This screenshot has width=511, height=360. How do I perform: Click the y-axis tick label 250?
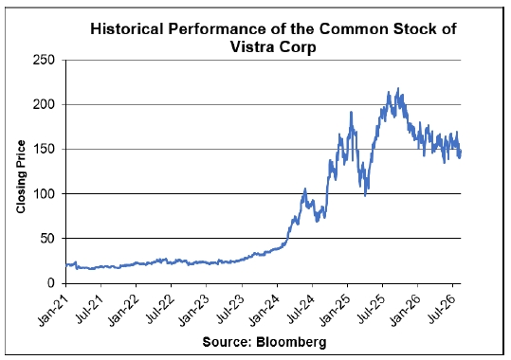44,60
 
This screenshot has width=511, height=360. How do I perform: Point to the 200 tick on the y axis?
44,104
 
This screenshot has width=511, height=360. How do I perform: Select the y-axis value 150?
44,150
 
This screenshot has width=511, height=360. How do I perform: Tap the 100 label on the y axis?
44,194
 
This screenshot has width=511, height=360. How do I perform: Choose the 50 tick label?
47,239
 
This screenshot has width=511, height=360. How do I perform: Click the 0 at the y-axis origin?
51,283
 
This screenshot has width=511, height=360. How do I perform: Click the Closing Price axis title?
21,177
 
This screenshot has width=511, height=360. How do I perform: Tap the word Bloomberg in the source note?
291,342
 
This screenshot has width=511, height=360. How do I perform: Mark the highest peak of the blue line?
397,88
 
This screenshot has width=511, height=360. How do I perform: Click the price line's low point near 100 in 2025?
365,195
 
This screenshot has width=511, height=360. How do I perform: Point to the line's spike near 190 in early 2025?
351,112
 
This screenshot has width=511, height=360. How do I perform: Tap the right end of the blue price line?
461,152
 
